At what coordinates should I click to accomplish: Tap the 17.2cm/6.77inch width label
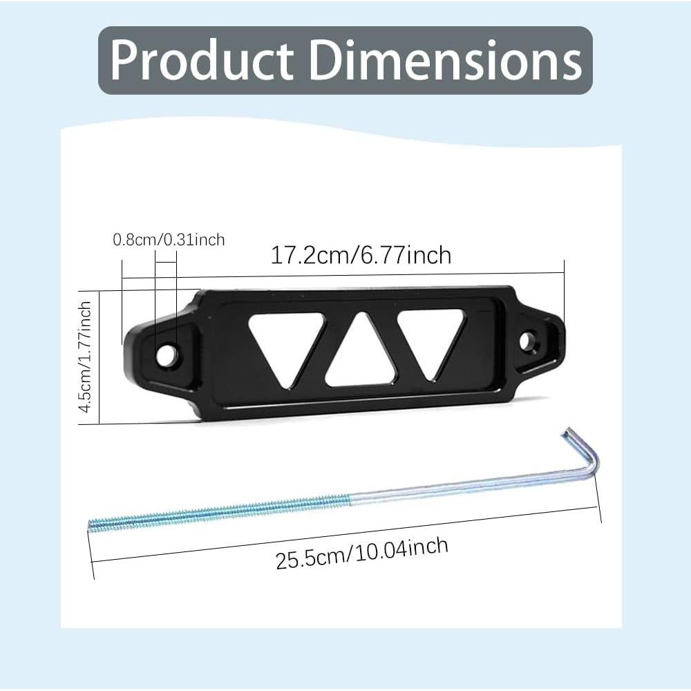click(x=360, y=255)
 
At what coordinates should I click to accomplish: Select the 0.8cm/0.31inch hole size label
click(x=169, y=240)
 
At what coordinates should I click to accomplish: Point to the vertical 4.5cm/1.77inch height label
click(x=86, y=357)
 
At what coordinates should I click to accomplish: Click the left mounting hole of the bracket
click(x=167, y=354)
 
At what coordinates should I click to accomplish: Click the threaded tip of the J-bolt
click(x=97, y=525)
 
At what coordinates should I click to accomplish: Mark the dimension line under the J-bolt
click(x=345, y=546)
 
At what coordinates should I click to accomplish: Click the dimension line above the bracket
click(x=345, y=275)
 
